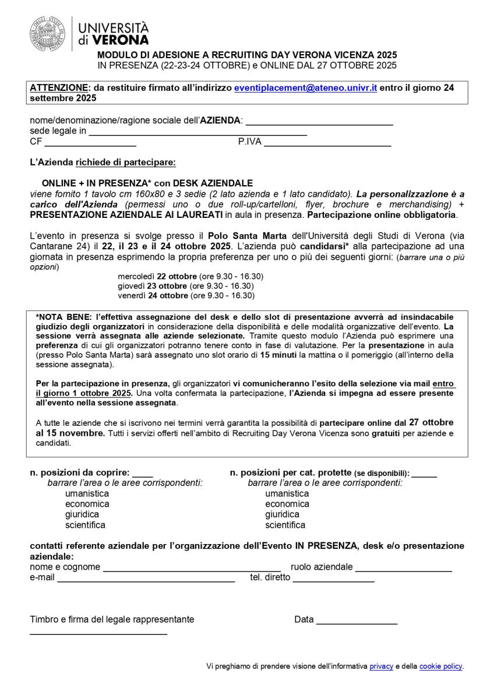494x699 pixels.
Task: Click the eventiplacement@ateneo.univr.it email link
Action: pos(305,88)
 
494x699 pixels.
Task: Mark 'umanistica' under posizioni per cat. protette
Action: pos(287,494)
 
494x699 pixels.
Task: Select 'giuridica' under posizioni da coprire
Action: pos(82,515)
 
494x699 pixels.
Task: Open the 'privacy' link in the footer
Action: pos(381,666)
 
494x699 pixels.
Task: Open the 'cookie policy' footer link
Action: pos(440,666)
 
